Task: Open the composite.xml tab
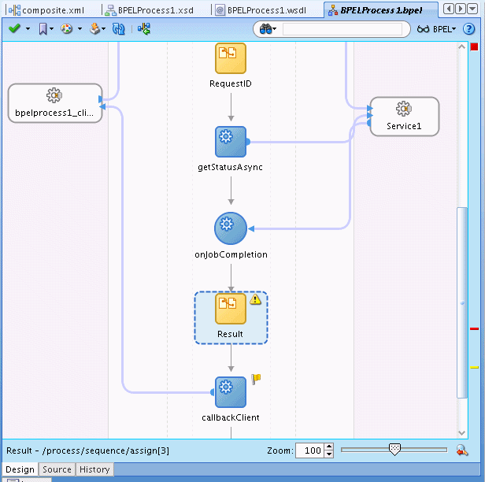pyautogui.click(x=46, y=10)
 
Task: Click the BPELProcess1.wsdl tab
pyautogui.click(x=261, y=10)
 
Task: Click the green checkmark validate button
pyautogui.click(x=14, y=29)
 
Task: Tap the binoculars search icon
pyautogui.click(x=265, y=29)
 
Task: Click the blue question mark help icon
pyautogui.click(x=468, y=29)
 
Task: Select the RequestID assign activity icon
pyautogui.click(x=231, y=58)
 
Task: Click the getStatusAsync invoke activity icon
pyautogui.click(x=231, y=142)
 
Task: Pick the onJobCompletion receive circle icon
pyautogui.click(x=231, y=228)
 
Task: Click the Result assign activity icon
pyautogui.click(x=231, y=309)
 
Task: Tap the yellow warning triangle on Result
pyautogui.click(x=255, y=299)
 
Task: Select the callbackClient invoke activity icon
pyautogui.click(x=231, y=392)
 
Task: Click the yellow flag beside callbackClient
pyautogui.click(x=256, y=379)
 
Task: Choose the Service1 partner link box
pyautogui.click(x=405, y=117)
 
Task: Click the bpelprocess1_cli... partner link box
pyautogui.click(x=55, y=103)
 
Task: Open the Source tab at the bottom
pyautogui.click(x=57, y=469)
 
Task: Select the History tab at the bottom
pyautogui.click(x=94, y=469)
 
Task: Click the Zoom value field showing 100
pyautogui.click(x=310, y=450)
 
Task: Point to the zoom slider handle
pyautogui.click(x=394, y=449)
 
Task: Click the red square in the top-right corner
pyautogui.click(x=474, y=46)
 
